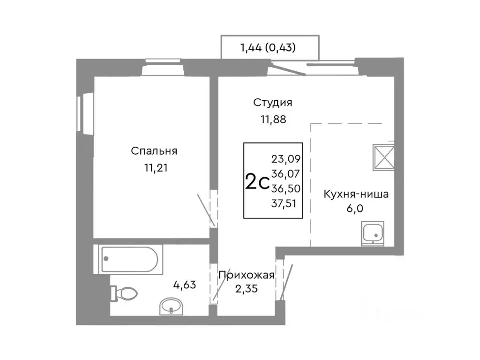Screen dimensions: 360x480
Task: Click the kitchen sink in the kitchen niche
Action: click(373, 234)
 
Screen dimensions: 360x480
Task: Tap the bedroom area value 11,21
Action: click(154, 167)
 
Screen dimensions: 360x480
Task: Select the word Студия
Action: click(273, 102)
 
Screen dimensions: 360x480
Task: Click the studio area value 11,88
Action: click(273, 119)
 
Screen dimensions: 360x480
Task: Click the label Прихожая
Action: click(246, 275)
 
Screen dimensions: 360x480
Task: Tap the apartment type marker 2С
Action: click(256, 181)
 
